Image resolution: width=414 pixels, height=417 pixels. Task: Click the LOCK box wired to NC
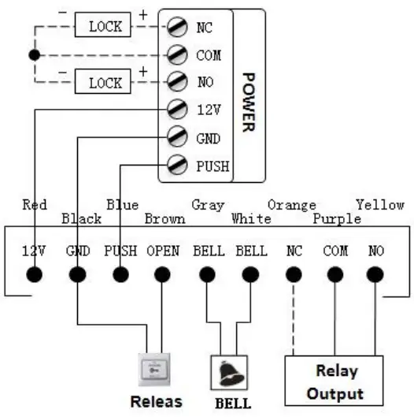pyautogui.click(x=105, y=27)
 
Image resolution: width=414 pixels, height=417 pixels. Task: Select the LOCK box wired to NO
pyautogui.click(x=105, y=83)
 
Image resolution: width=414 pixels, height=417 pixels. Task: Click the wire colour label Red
pyautogui.click(x=35, y=205)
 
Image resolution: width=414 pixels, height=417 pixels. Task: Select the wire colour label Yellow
pyautogui.click(x=379, y=205)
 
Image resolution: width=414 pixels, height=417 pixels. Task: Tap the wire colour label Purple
pyautogui.click(x=337, y=218)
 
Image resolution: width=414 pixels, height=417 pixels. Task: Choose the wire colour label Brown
pyautogui.click(x=165, y=218)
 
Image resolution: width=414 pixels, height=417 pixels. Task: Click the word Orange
pyautogui.click(x=291, y=205)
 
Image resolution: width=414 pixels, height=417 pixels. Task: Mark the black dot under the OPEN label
pyautogui.click(x=163, y=275)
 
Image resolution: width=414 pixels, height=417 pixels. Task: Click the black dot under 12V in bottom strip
pyautogui.click(x=35, y=275)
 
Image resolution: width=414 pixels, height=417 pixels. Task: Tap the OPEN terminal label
pyautogui.click(x=162, y=251)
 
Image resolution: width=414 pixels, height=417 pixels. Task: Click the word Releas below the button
pyautogui.click(x=156, y=401)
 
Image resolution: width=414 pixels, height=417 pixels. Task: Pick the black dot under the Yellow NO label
pyautogui.click(x=375, y=275)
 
